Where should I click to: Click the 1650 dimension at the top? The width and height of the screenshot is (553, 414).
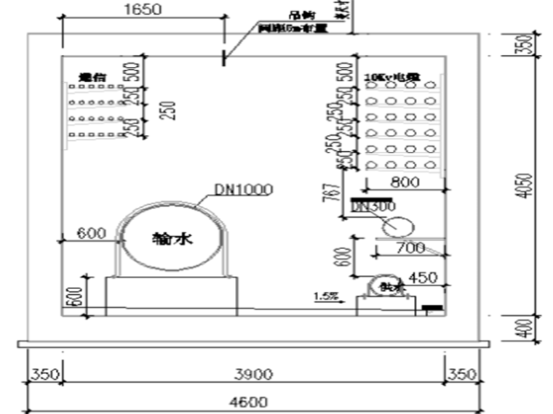[142, 9]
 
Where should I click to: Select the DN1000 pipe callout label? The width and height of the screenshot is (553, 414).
[243, 190]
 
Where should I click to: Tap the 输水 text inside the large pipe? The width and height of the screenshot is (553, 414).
[172, 238]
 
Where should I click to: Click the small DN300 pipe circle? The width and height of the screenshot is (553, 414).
[394, 227]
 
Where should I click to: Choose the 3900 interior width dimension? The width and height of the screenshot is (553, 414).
[254, 374]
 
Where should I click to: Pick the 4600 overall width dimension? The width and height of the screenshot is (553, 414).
[249, 402]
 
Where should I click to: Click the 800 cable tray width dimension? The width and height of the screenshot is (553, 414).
[405, 182]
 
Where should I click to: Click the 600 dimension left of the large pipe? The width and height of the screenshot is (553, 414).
[92, 233]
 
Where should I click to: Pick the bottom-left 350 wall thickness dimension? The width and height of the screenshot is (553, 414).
[44, 374]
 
